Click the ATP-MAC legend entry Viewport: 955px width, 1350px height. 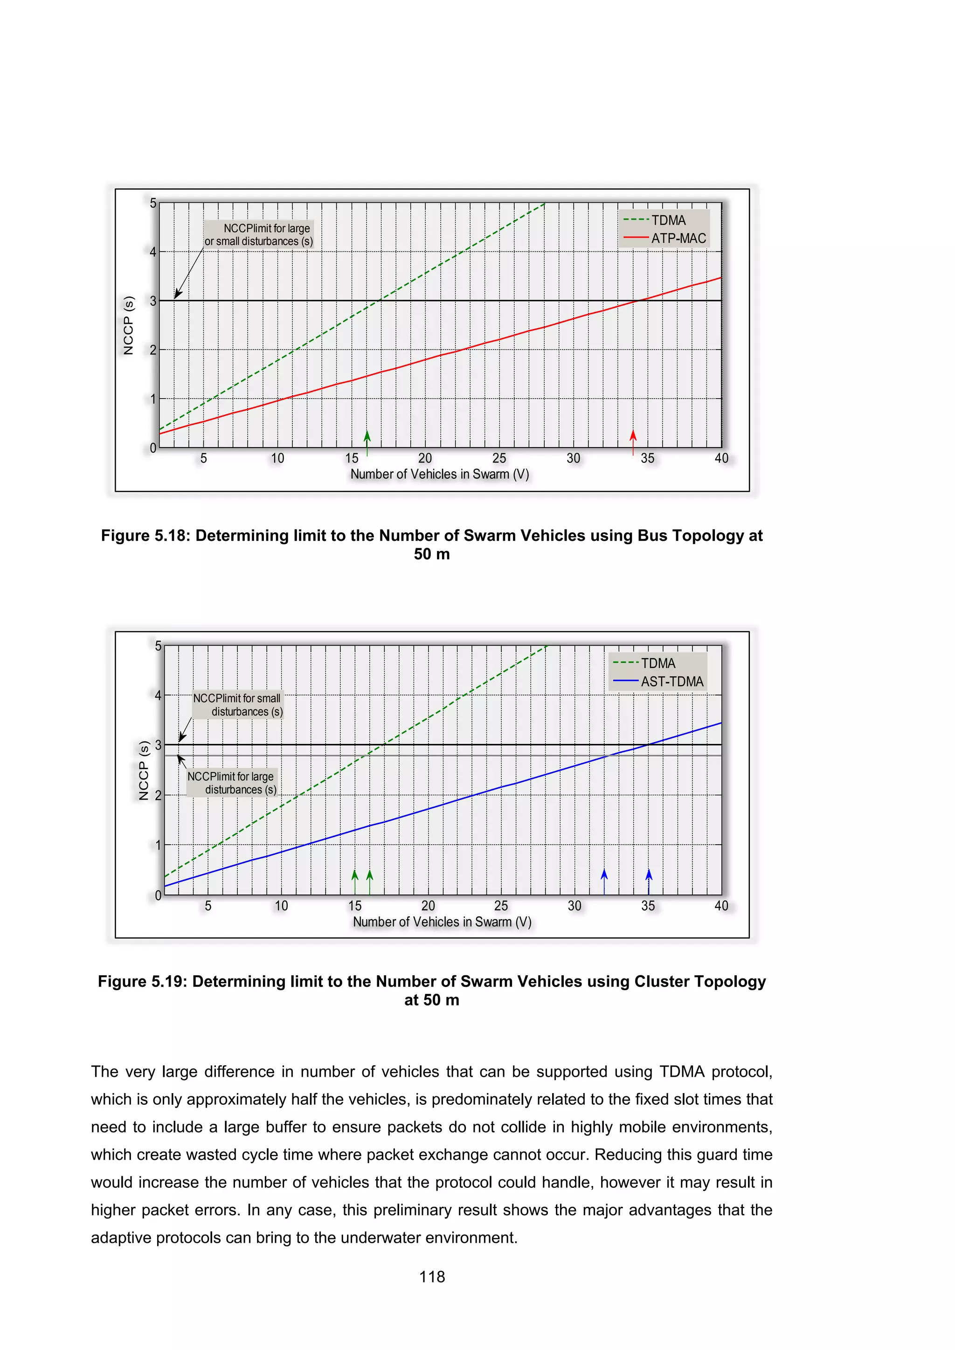coord(678,239)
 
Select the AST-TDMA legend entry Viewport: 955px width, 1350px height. coord(671,682)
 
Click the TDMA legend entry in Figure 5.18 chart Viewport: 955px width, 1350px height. coord(668,220)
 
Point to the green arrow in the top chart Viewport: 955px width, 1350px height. coord(367,442)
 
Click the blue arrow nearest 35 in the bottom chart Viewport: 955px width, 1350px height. coord(649,882)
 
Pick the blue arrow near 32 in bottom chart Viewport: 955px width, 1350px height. coord(604,882)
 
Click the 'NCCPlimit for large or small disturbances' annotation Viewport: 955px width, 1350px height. coord(259,234)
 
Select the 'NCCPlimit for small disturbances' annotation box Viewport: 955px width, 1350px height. coord(237,704)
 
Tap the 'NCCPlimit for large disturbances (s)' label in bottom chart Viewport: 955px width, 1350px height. coord(232,783)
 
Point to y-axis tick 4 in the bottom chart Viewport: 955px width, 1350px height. coord(158,696)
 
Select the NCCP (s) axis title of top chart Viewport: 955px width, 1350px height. coord(128,325)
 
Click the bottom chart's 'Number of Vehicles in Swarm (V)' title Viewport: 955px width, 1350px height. coord(442,922)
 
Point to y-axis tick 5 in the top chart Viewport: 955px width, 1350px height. coord(153,203)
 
